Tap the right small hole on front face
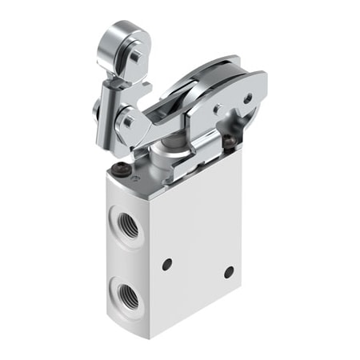coord(229,271)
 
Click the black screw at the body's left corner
coord(121,168)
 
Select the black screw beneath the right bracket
coord(230,144)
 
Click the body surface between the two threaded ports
coord(126,258)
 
